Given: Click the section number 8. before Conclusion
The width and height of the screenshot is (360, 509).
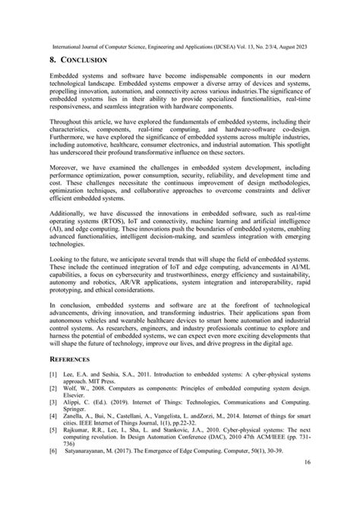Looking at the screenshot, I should click(53, 58).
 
